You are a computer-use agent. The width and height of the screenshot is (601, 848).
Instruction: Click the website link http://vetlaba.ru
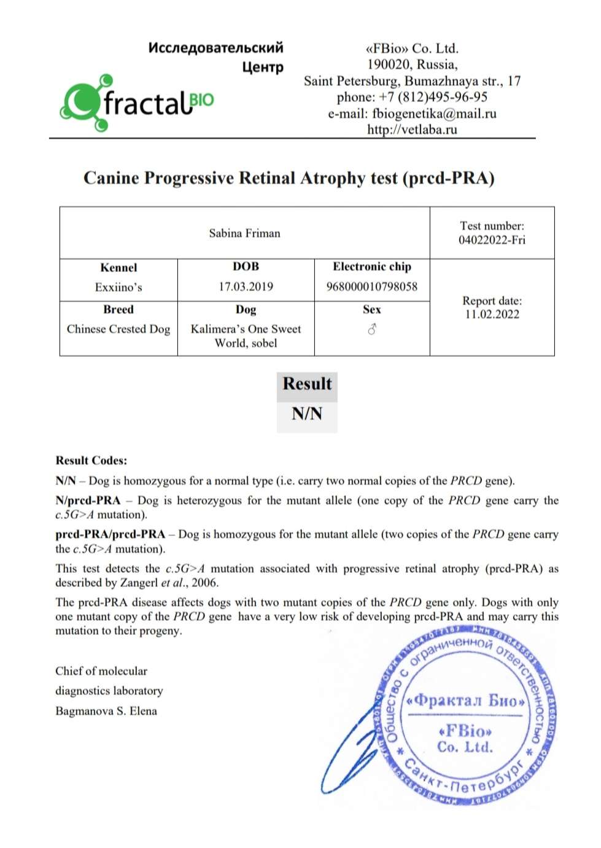[x=412, y=130]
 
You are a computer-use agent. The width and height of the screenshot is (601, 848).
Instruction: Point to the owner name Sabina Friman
[x=244, y=233]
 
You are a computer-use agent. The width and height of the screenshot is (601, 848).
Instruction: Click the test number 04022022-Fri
[x=492, y=240]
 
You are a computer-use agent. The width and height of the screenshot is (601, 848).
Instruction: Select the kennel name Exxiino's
[x=118, y=287]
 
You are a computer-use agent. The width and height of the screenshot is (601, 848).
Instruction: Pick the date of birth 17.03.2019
[x=246, y=287]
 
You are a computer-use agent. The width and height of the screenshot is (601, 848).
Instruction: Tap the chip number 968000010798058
[x=371, y=287]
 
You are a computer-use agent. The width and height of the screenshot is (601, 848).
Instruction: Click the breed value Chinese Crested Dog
[x=118, y=329]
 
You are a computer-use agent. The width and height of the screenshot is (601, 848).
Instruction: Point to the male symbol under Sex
[x=371, y=330]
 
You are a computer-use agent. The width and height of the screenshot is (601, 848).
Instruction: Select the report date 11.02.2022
[x=492, y=314]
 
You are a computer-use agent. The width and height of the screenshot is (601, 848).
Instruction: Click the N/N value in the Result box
[x=307, y=413]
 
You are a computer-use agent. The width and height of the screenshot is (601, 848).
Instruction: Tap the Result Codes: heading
[x=91, y=461]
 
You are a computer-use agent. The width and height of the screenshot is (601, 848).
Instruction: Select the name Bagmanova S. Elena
[x=106, y=711]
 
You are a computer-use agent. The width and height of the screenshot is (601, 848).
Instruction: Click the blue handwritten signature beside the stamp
[x=353, y=749]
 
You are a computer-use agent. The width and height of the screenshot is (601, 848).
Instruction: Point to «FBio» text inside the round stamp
[x=465, y=731]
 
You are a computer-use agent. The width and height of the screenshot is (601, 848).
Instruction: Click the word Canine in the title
[x=111, y=178]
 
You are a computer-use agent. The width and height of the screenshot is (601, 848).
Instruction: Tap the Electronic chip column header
[x=372, y=266]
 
